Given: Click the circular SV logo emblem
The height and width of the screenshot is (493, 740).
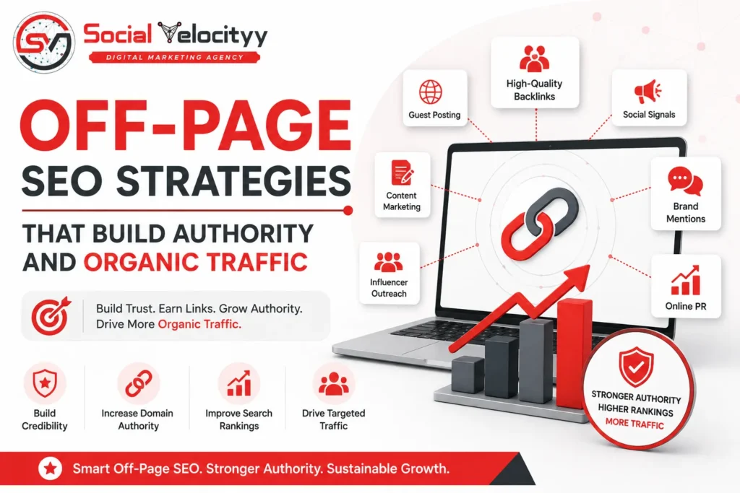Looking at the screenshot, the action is [44, 43].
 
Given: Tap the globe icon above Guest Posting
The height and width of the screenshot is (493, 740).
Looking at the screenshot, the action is [431, 92].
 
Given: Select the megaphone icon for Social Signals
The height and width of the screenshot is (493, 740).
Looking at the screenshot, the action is [647, 92].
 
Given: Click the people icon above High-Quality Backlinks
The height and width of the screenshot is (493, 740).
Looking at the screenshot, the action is [534, 58].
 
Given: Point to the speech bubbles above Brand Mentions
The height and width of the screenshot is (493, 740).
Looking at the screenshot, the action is [685, 181].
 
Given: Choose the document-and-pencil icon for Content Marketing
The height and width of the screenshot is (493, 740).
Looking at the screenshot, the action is [402, 173].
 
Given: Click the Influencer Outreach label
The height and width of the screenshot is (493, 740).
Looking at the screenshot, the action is [389, 287].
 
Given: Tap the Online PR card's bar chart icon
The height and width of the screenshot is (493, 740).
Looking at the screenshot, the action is [686, 280].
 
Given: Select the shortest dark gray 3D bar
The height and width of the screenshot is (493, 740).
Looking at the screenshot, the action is [468, 374].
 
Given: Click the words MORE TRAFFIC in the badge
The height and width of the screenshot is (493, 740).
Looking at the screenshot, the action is [634, 423].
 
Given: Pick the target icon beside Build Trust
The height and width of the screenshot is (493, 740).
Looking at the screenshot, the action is [51, 315].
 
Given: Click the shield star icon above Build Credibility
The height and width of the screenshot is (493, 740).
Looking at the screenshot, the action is [45, 383].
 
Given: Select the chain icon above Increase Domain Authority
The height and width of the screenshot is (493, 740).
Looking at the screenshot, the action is [138, 383].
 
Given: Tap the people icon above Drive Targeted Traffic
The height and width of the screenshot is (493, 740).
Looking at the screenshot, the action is [334, 383].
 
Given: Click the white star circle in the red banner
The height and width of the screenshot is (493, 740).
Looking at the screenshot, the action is [50, 468].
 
